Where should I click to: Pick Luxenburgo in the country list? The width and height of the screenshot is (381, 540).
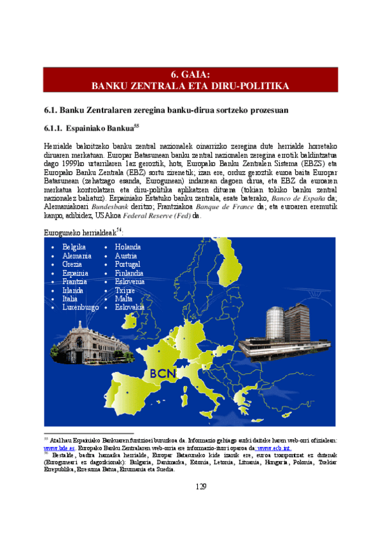[x=80, y=307]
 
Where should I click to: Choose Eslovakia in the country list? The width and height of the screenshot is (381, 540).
[x=130, y=307]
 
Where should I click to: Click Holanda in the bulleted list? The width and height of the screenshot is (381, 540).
[x=128, y=247]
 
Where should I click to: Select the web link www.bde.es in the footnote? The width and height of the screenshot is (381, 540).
[x=55, y=448]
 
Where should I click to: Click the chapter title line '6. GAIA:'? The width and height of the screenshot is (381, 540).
[x=190, y=73]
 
